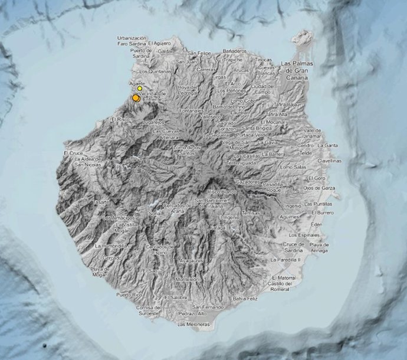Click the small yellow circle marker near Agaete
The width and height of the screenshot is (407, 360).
click(140, 89)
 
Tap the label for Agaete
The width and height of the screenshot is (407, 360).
click(137, 84)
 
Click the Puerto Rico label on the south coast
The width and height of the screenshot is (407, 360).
click(129, 294)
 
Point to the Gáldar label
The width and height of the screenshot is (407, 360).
click(165, 51)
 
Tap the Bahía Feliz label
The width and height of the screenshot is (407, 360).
click(246, 299)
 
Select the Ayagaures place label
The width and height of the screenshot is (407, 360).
click(191, 260)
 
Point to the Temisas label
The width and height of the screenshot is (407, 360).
click(250, 212)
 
